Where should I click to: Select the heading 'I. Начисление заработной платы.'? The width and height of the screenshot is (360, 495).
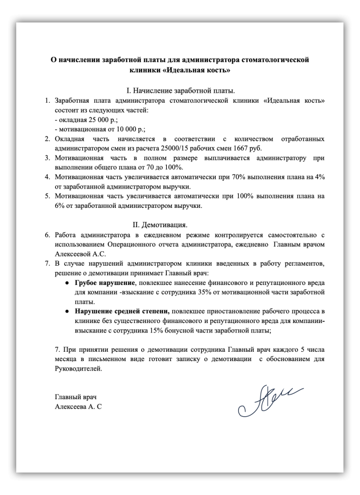point(180,90)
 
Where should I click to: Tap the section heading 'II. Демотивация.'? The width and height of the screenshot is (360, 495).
point(159,225)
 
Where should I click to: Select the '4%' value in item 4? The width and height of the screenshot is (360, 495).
point(320,177)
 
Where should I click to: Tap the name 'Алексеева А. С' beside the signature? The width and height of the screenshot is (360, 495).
point(78,406)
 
